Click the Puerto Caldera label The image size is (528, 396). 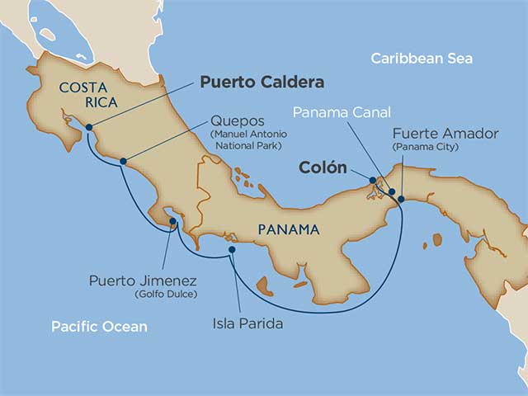(x=262, y=83)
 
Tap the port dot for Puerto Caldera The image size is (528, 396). (x=88, y=127)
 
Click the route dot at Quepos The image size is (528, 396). (x=123, y=161)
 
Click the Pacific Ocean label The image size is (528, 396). (x=99, y=327)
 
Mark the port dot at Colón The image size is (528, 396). (x=373, y=180)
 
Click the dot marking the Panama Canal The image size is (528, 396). (x=390, y=190)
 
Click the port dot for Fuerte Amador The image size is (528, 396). (x=401, y=199)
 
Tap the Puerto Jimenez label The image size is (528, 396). (x=143, y=281)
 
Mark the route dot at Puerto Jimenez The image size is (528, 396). (x=171, y=221)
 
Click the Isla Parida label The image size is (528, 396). (x=245, y=323)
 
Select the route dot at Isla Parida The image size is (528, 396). (x=232, y=249)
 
